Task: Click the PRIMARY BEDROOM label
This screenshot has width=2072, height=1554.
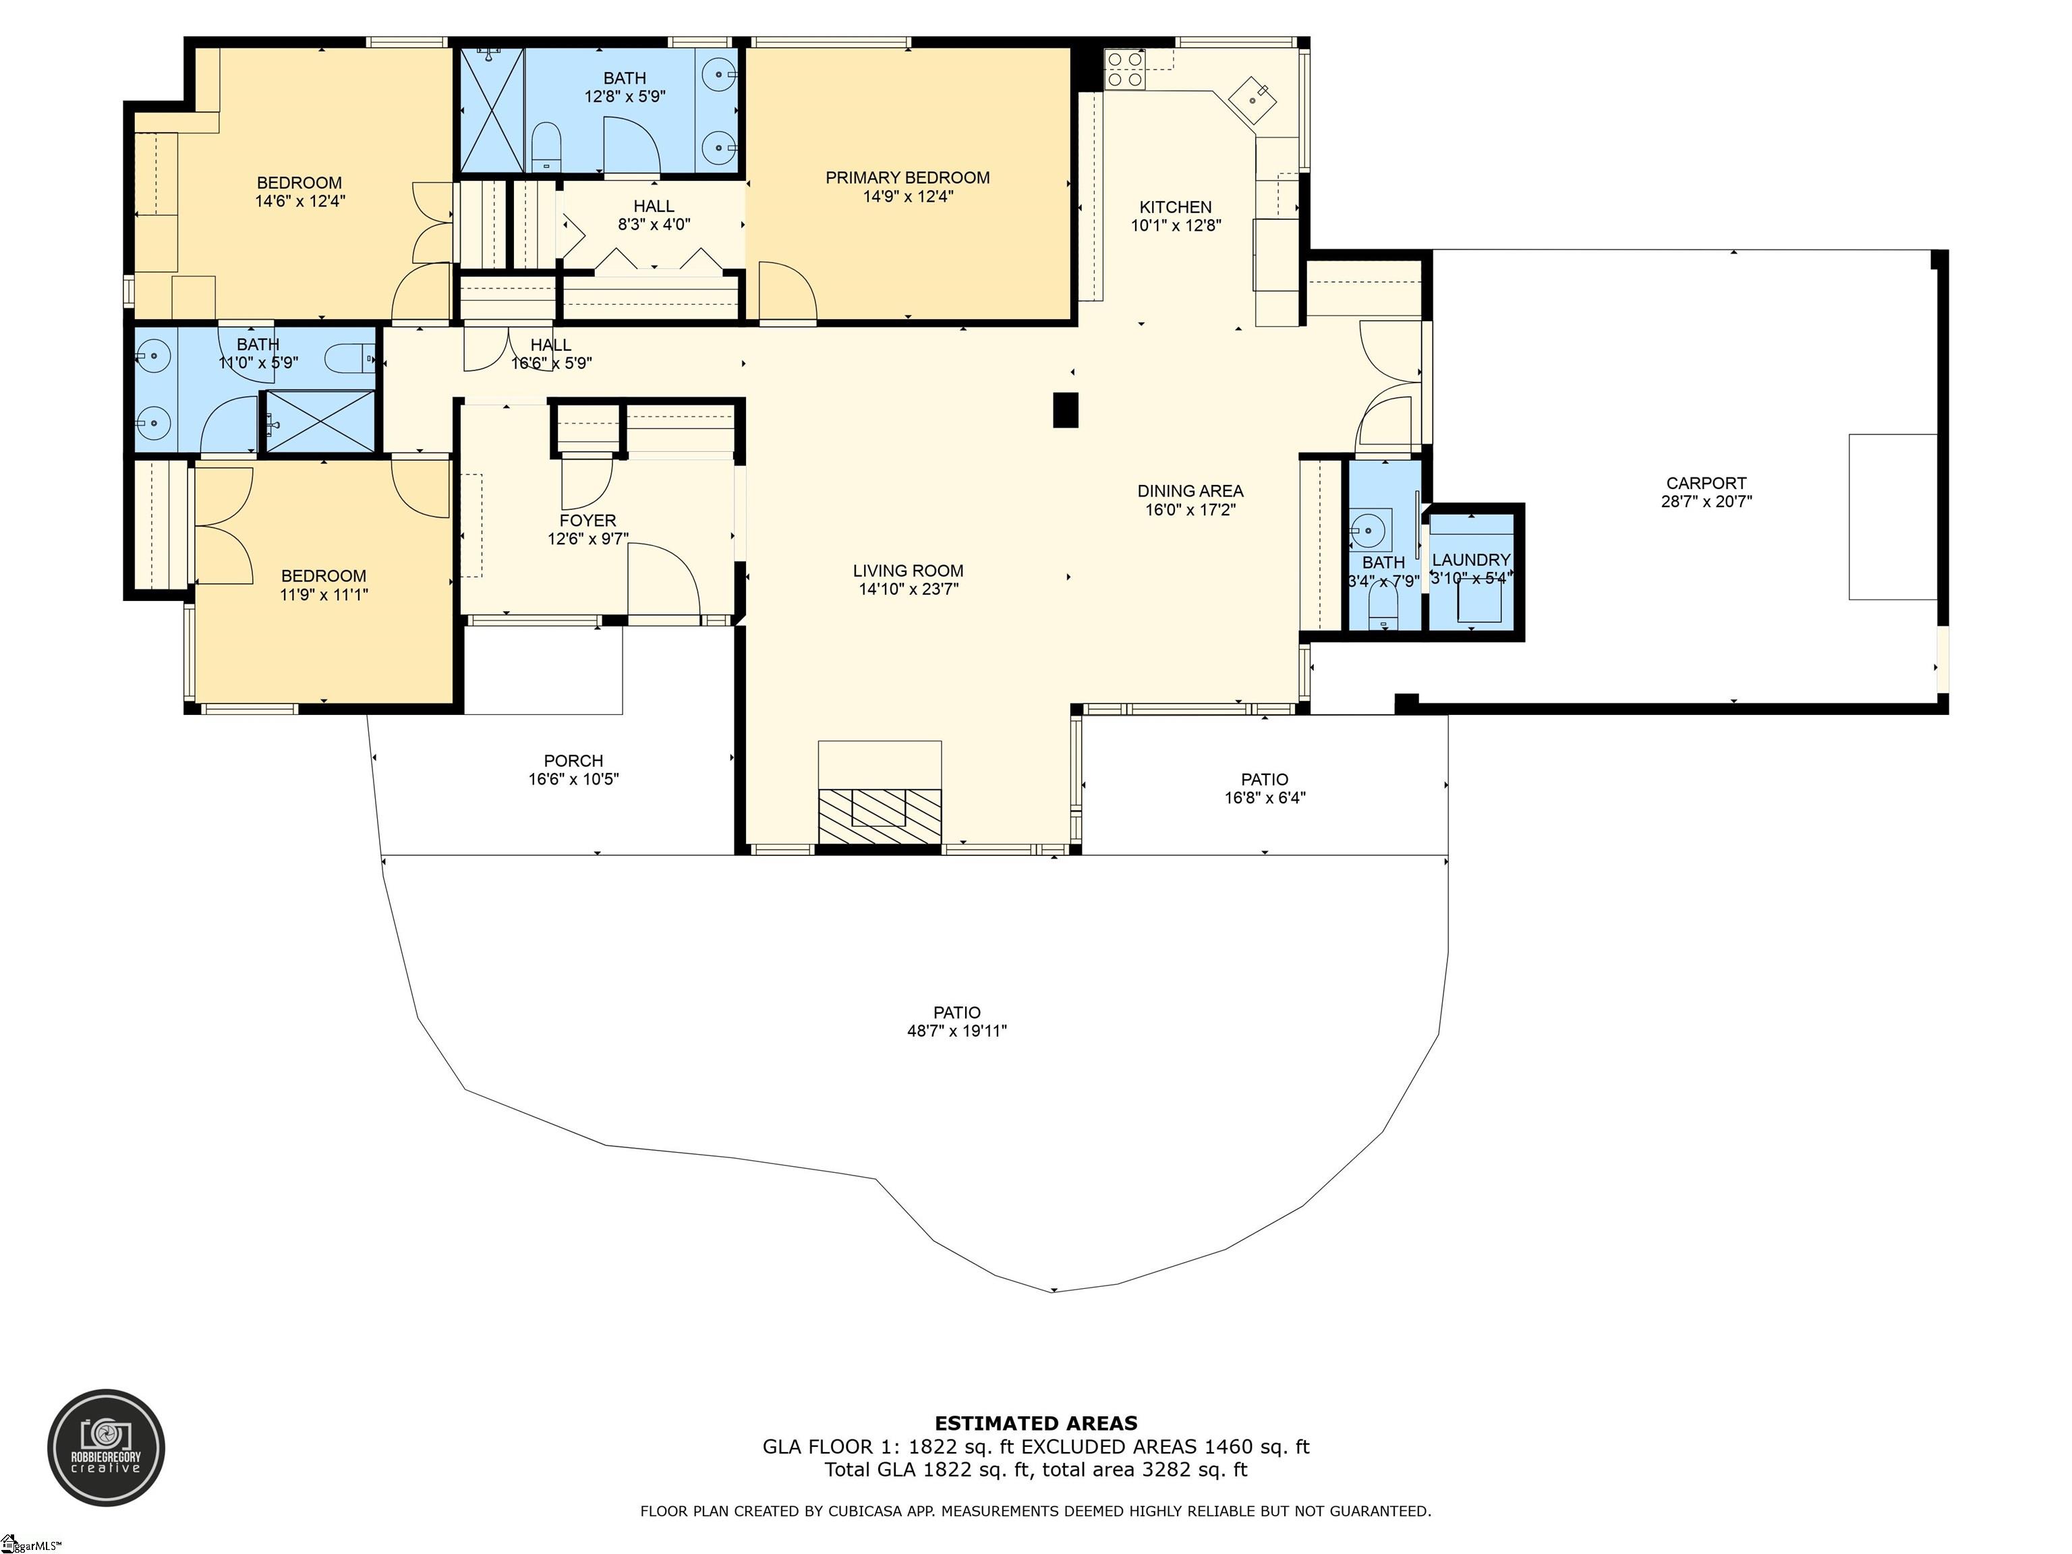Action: pos(906,177)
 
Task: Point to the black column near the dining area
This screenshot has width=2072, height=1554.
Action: pos(1065,410)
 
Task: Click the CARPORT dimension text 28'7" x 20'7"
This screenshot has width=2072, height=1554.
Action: pos(1706,501)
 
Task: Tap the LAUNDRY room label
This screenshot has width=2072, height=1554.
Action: pos(1470,559)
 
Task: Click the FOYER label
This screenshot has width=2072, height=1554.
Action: pos(587,520)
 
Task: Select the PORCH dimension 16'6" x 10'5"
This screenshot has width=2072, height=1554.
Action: pos(573,779)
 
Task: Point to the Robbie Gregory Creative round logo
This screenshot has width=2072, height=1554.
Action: pos(106,1447)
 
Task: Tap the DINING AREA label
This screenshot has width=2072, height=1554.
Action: pos(1190,491)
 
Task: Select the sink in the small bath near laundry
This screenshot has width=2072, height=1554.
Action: pos(1368,531)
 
